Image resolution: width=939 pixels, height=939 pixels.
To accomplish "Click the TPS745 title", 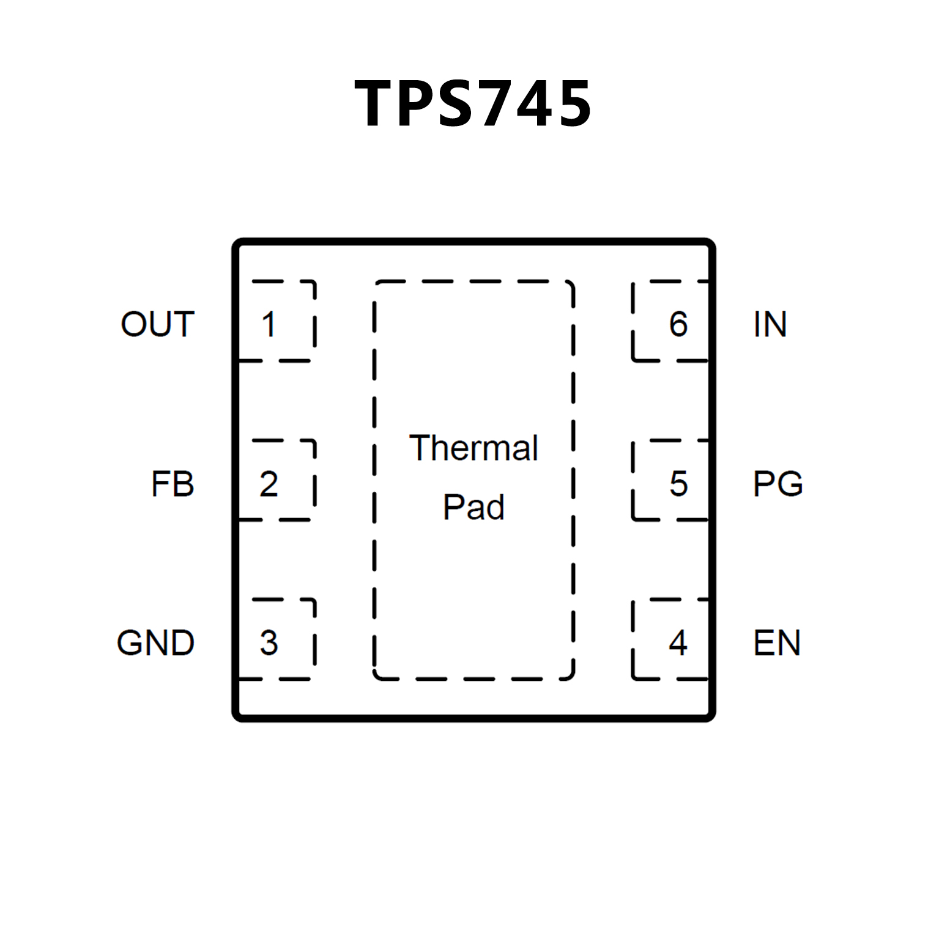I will point(473,104).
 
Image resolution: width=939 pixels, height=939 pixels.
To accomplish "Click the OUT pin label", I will point(158,324).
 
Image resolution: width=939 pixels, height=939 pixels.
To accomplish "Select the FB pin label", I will point(173,484).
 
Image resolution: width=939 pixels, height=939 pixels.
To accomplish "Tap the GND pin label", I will point(155,643).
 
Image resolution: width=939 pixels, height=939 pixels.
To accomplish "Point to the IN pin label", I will point(770,324).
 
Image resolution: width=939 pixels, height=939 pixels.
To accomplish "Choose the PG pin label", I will point(778,484).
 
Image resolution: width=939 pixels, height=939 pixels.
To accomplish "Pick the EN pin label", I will point(777,643).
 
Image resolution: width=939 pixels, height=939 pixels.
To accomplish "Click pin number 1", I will point(269,324).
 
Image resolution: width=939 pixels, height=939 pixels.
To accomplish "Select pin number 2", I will point(269,484).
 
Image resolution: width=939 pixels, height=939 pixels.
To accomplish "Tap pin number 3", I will point(269,643).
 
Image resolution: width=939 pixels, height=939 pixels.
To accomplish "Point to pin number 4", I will point(678,643).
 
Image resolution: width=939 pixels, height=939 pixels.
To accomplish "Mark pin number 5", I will point(678,484).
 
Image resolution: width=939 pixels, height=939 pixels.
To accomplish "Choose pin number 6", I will point(678,324).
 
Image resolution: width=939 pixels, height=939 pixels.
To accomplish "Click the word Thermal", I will point(473,448).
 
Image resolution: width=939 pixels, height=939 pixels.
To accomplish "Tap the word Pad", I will point(473,507).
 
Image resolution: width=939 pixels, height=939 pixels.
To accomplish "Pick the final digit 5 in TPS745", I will point(573,104).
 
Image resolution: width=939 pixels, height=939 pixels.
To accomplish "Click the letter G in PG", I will point(789,484).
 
